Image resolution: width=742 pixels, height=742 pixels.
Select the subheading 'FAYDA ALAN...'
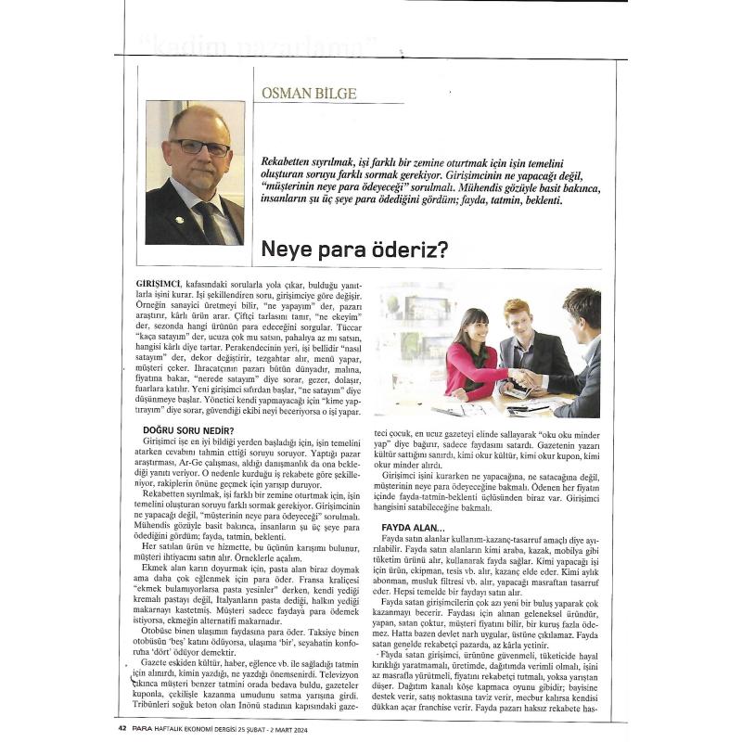tap(414, 528)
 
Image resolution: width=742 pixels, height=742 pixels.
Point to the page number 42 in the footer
tap(122, 727)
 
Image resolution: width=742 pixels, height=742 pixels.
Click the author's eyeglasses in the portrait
tap(198, 147)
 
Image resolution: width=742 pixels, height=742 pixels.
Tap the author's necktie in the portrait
tap(210, 218)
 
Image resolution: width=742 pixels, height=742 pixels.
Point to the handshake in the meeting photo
tap(524, 378)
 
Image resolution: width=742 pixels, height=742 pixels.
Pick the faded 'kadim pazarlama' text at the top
tap(264, 44)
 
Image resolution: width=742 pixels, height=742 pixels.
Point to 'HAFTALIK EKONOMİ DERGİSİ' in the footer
tap(209, 727)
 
